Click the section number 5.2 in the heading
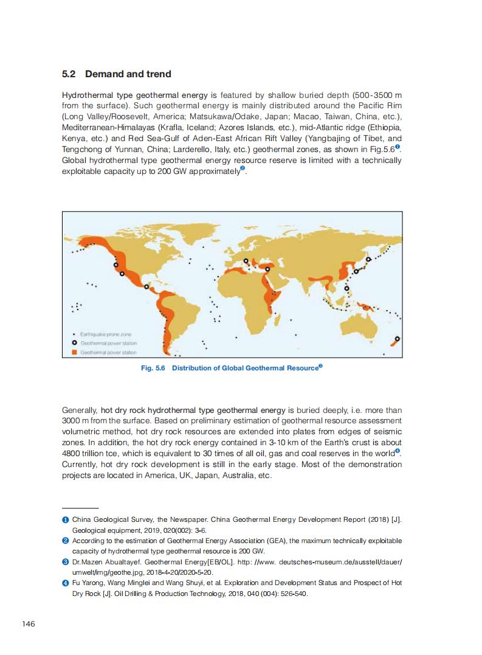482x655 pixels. (69, 74)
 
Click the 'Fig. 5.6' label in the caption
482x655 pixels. (153, 368)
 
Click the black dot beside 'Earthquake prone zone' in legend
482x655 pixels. (74, 334)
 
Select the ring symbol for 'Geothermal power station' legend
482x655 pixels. (74, 343)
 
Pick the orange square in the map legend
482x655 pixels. (74, 352)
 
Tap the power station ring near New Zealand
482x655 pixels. (398, 339)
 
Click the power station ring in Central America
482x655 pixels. (146, 287)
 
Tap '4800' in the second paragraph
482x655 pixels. (74, 453)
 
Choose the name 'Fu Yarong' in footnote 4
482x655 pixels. (88, 583)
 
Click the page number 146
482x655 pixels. (29, 624)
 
